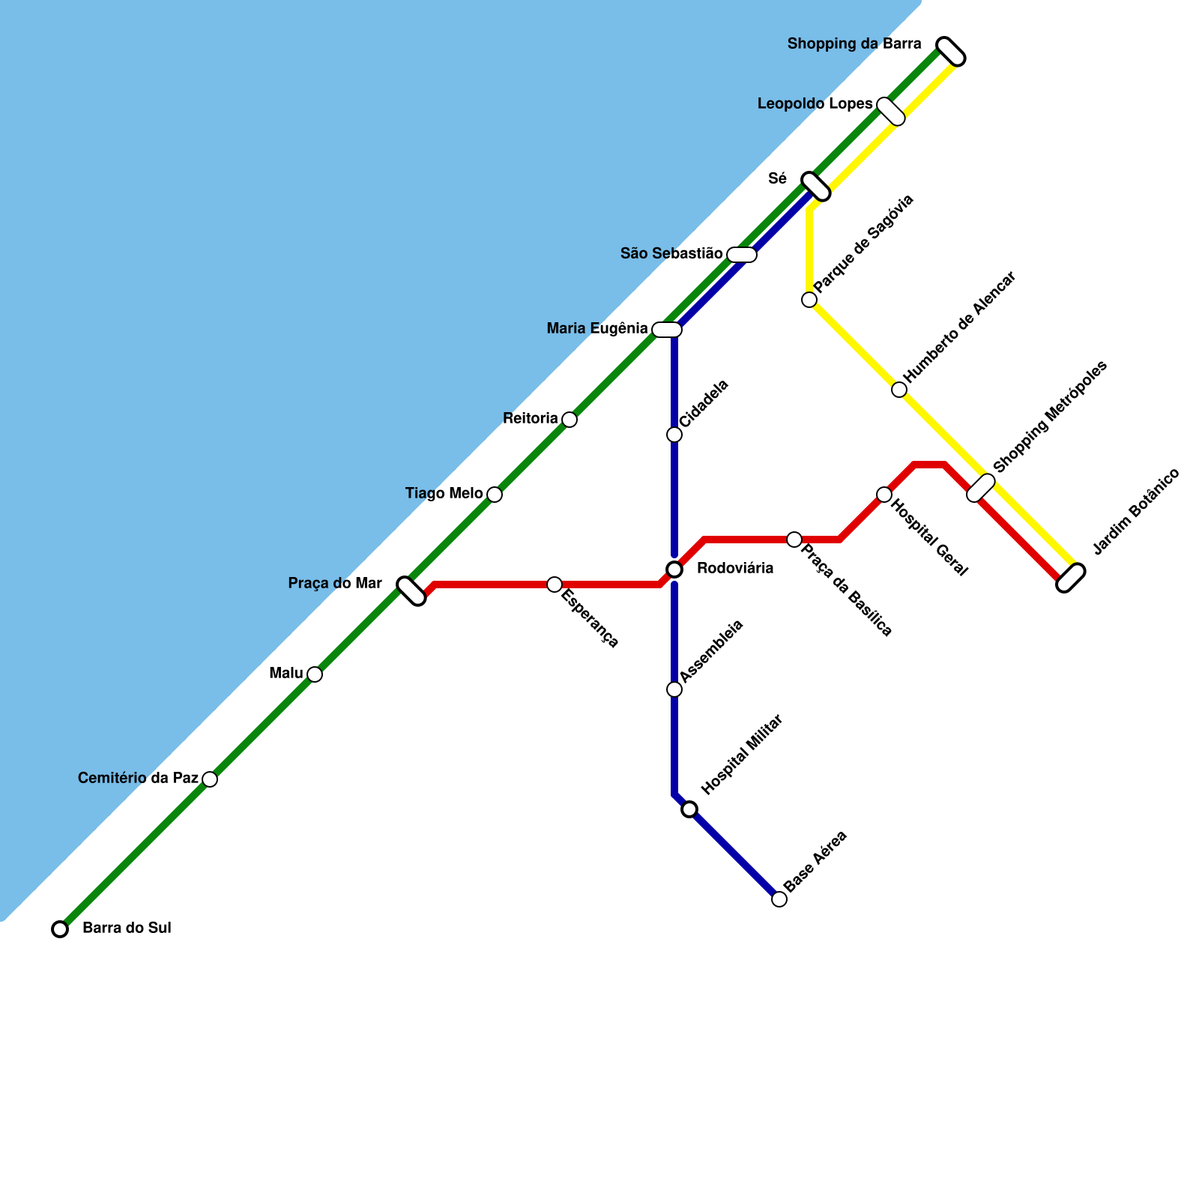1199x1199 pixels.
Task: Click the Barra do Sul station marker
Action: (x=60, y=929)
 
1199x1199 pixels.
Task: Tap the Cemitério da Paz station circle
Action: (x=210, y=779)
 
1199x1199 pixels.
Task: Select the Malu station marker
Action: (x=315, y=674)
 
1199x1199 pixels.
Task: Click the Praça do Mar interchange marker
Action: (x=411, y=591)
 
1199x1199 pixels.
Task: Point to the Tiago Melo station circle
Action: (x=495, y=495)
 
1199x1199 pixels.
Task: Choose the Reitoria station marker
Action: (x=570, y=420)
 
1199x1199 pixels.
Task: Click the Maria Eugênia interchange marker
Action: (x=667, y=330)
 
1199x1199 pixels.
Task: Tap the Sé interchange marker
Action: (x=816, y=187)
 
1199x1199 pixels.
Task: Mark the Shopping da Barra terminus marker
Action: (x=951, y=52)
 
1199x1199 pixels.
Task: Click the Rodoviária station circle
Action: (x=674, y=570)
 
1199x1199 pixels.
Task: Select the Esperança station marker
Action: (x=555, y=585)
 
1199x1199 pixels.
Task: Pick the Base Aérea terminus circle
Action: (x=779, y=899)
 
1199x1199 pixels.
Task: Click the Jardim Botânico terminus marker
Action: (x=1071, y=578)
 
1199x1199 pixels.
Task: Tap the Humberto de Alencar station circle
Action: (x=899, y=390)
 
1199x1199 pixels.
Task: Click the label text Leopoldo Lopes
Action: (x=815, y=104)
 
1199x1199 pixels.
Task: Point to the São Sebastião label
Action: (x=671, y=254)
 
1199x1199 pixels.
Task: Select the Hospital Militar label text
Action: (x=742, y=755)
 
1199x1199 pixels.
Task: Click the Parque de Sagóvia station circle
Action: (x=809, y=300)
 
